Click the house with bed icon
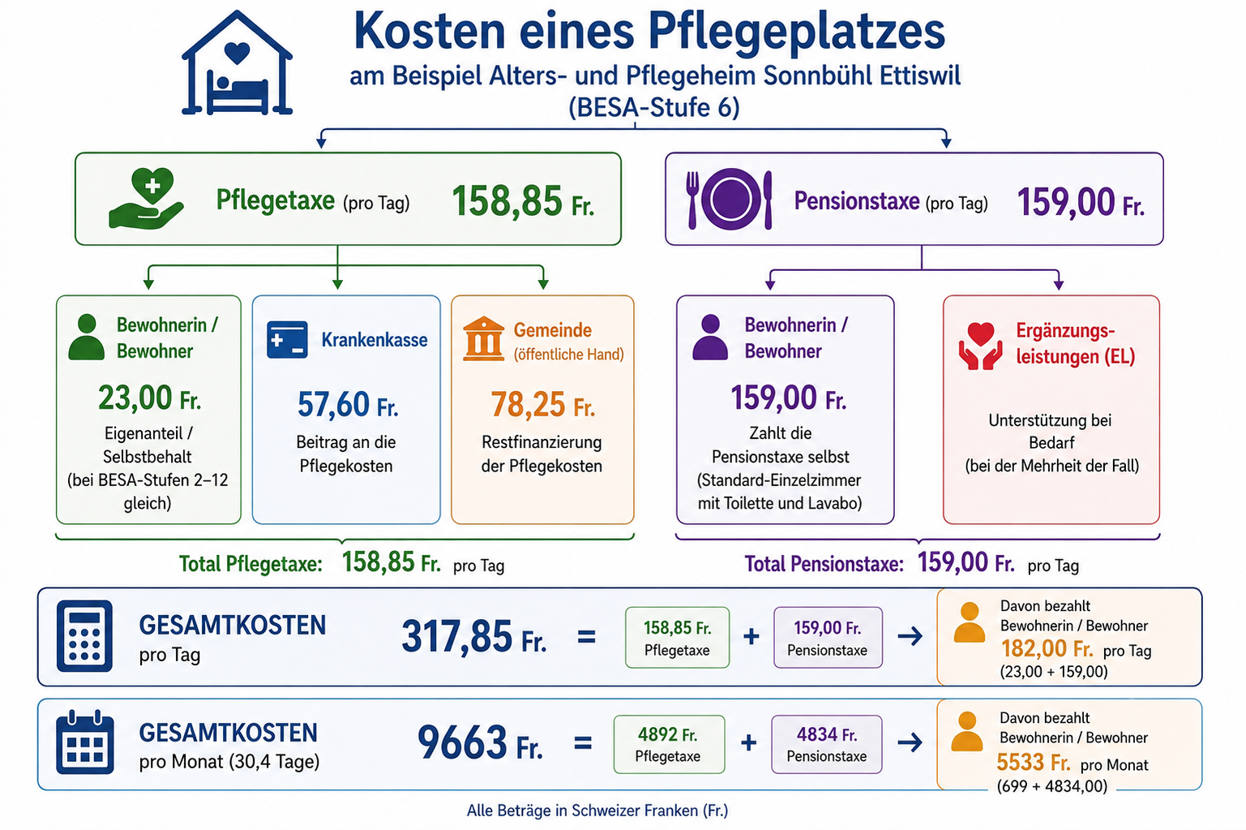tap(237, 63)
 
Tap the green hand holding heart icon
tap(146, 198)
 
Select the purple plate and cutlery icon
tap(730, 199)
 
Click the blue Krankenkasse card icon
tap(287, 340)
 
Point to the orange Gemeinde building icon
tap(483, 339)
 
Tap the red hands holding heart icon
tap(980, 346)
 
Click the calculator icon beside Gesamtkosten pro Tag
tap(84, 636)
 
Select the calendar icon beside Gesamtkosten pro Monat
tap(85, 742)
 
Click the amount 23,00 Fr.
tap(150, 398)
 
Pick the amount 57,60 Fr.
tap(348, 404)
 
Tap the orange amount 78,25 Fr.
tap(543, 404)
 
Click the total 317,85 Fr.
tap(474, 636)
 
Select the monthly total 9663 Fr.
tap(480, 742)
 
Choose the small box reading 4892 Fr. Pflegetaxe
tap(669, 744)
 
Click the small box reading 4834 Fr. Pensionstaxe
tap(827, 744)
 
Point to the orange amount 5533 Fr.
tap(1034, 762)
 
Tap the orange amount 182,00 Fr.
tap(1047, 648)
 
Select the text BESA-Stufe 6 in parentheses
tap(654, 107)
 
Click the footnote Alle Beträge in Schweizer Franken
tap(597, 811)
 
